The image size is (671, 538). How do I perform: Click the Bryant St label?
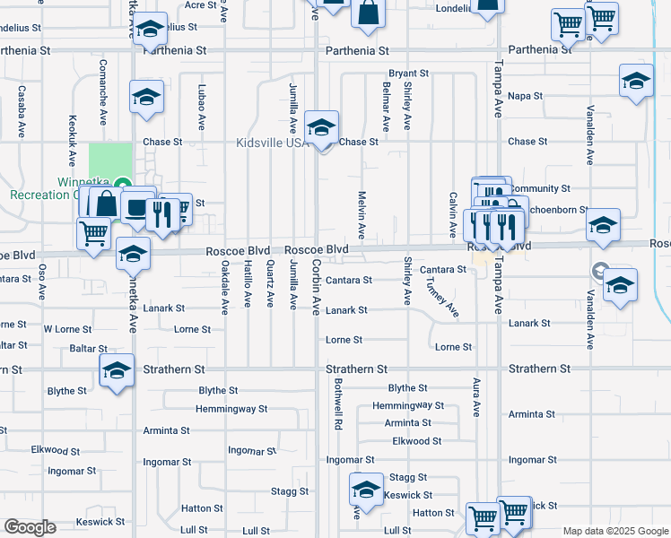click(408, 74)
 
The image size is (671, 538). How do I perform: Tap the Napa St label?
click(526, 96)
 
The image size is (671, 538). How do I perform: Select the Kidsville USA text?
click(270, 143)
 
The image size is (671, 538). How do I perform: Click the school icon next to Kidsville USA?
click(320, 128)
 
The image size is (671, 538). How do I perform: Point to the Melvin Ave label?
click(362, 214)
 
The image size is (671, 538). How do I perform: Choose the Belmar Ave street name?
click(386, 107)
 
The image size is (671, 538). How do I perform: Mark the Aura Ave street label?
click(476, 397)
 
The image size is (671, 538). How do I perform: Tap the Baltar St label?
click(88, 348)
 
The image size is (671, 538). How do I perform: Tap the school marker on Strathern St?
click(116, 371)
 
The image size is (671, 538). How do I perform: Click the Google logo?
click(30, 527)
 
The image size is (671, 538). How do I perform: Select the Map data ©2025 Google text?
click(614, 531)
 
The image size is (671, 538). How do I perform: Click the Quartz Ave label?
click(270, 283)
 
